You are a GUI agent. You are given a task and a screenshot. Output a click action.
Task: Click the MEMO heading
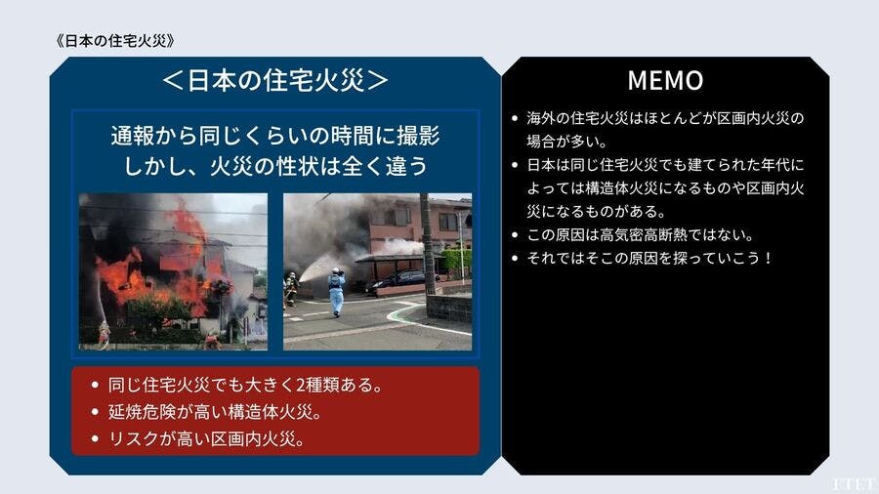click(x=665, y=80)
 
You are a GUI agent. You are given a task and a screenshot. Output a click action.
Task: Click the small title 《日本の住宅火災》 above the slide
click(x=115, y=41)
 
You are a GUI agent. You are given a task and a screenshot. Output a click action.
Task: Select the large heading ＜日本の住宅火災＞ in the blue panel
click(x=274, y=80)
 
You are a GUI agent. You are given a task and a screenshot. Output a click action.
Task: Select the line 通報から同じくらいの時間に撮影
click(x=274, y=136)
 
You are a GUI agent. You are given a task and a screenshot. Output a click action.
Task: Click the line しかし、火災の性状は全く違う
click(x=274, y=166)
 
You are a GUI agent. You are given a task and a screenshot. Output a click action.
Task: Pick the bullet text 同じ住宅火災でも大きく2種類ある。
click(x=245, y=386)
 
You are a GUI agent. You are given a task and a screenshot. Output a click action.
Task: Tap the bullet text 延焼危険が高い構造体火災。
click(x=215, y=412)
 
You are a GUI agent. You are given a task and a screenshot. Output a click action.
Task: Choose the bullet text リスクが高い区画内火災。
click(x=206, y=439)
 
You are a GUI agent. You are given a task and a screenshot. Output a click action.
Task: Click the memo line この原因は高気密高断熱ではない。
click(x=641, y=234)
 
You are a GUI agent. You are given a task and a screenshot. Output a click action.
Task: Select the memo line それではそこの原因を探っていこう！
click(x=649, y=258)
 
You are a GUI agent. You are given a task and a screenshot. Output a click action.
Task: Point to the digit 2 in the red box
click(x=300, y=386)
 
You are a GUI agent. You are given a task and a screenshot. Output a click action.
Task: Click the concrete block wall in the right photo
click(x=448, y=309)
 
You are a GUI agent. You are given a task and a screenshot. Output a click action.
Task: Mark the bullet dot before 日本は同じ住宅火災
click(x=515, y=165)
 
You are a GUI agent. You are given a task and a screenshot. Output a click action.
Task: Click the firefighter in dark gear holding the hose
click(x=291, y=289)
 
